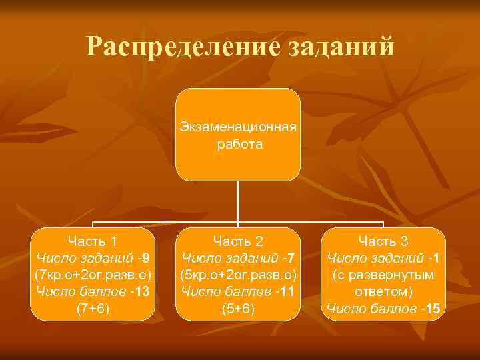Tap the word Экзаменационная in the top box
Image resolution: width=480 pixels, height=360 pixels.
[239, 127]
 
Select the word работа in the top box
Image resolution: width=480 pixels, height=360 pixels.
[239, 143]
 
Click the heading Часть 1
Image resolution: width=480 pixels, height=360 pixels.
[93, 241]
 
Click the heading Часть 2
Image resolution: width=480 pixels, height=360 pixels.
[239, 241]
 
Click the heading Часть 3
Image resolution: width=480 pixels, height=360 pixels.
[383, 241]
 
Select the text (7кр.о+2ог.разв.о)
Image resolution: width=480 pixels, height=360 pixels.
[93, 275]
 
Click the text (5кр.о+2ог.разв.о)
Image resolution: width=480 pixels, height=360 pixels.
[239, 275]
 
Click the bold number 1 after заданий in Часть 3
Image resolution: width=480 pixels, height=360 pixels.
[437, 258]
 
